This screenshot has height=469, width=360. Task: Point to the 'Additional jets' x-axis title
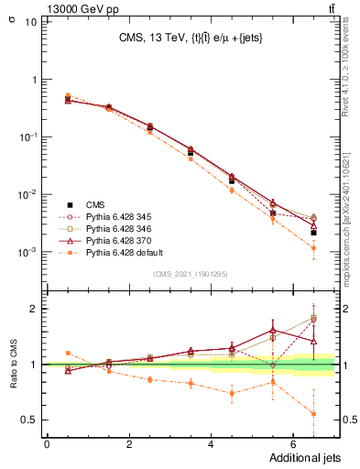(304, 458)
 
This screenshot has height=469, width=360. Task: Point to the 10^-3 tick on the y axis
(29, 252)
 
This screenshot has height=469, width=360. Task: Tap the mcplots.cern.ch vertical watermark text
(351, 220)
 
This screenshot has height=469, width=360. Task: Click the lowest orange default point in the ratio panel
(313, 413)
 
